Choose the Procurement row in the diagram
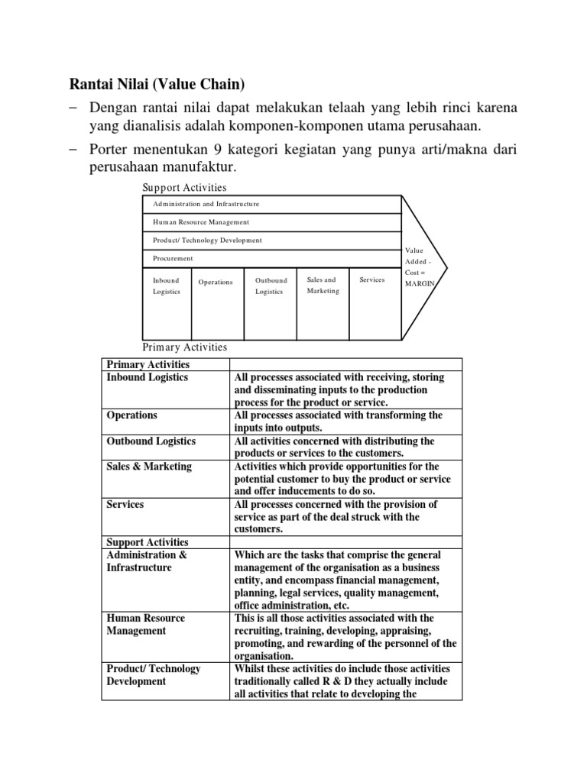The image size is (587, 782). pos(272,258)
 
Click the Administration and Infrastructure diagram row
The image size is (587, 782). pos(272,204)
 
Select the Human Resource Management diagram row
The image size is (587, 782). pos(272,222)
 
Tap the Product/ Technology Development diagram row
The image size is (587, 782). pos(272,240)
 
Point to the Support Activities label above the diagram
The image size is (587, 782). pos(184,187)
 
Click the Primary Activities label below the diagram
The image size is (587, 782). pos(185,347)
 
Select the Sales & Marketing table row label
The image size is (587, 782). pos(149,467)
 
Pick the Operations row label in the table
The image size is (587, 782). pos(132,415)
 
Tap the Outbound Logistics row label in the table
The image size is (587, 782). pos(151,441)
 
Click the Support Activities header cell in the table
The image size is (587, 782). pos(148,542)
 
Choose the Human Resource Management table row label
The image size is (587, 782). pos(145,624)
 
